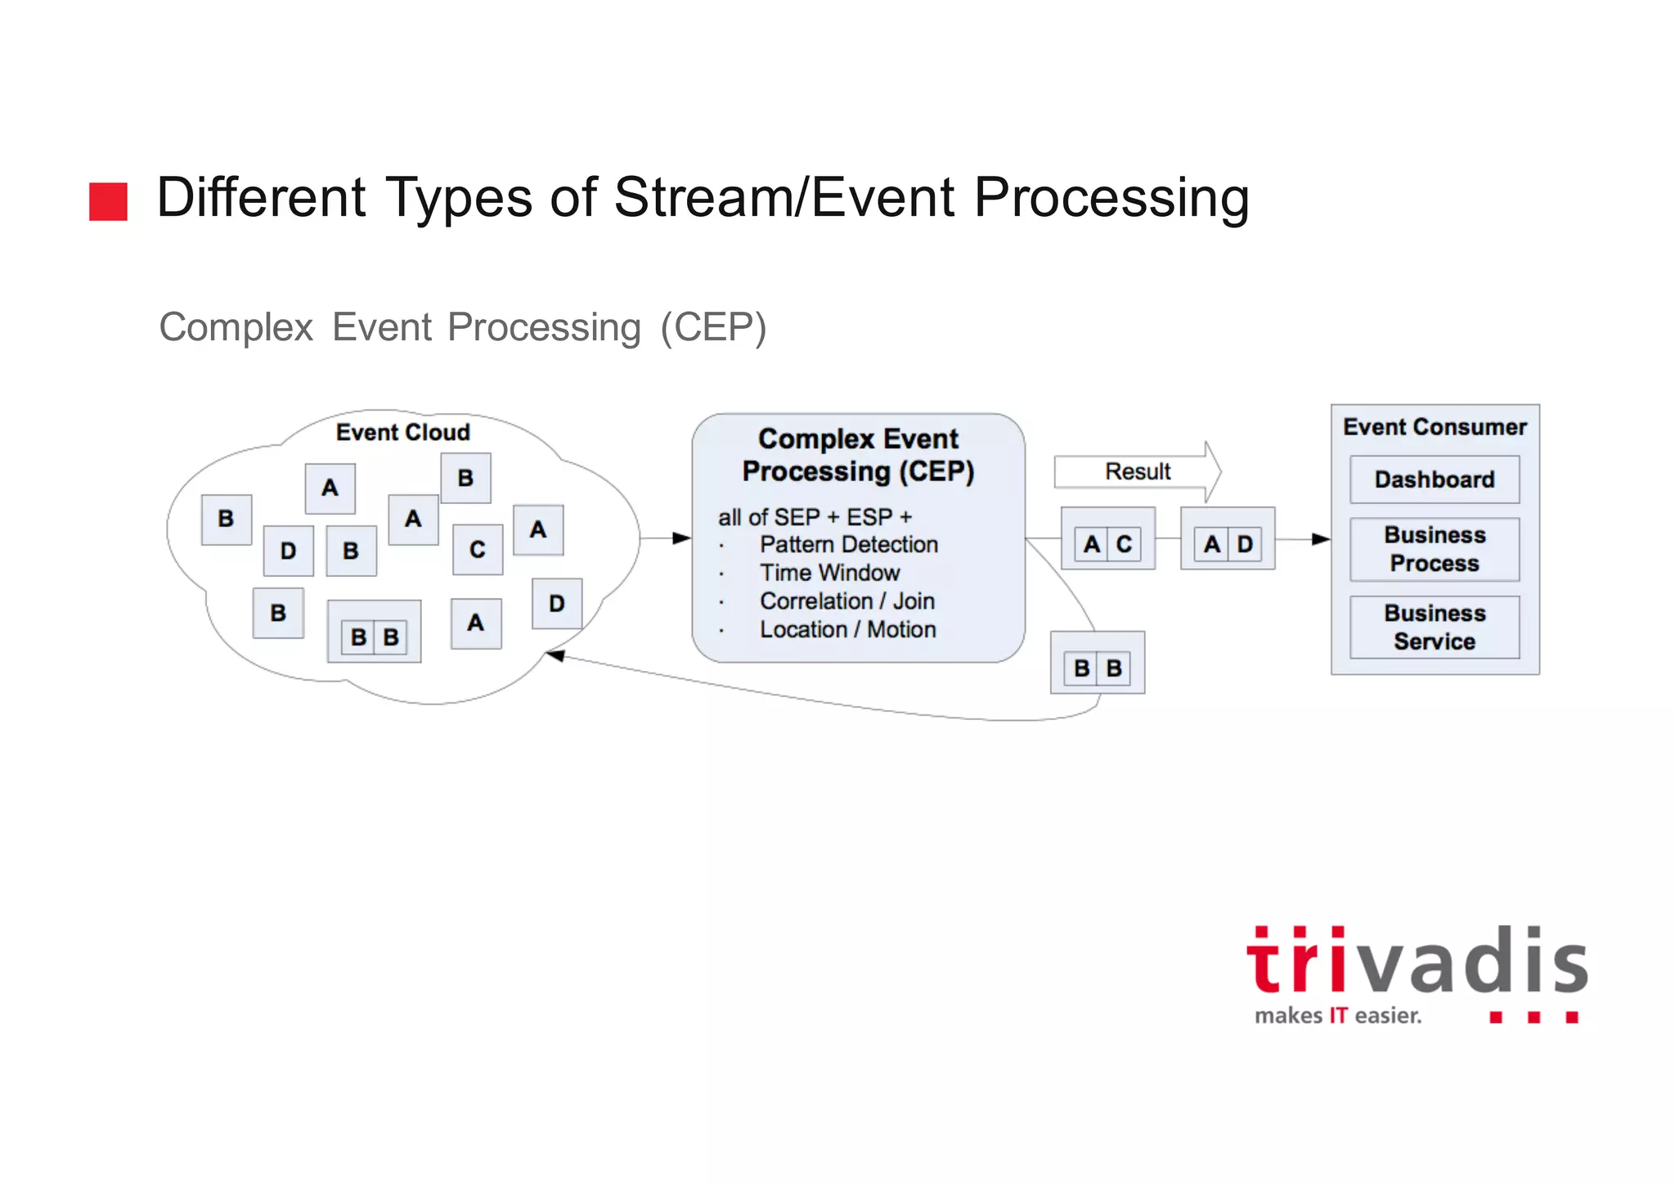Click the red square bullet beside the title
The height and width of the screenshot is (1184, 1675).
108,201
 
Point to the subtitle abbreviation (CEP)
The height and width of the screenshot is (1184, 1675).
713,327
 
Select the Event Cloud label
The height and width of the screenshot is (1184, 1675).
402,432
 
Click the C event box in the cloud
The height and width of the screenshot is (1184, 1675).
478,550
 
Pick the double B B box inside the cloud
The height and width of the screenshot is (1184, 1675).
375,637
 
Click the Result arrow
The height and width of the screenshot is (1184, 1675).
1138,471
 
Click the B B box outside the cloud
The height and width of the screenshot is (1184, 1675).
1098,668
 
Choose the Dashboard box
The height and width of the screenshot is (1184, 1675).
1435,479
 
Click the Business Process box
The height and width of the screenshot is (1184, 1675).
1435,549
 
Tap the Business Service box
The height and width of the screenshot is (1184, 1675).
1435,628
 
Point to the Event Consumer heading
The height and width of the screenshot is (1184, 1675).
1435,427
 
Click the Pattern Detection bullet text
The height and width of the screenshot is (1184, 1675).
849,545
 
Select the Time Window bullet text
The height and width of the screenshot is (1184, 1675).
829,573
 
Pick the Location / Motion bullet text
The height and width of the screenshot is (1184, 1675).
847,629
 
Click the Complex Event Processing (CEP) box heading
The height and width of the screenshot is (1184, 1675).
858,455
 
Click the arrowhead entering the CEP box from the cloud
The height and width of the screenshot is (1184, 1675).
681,538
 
